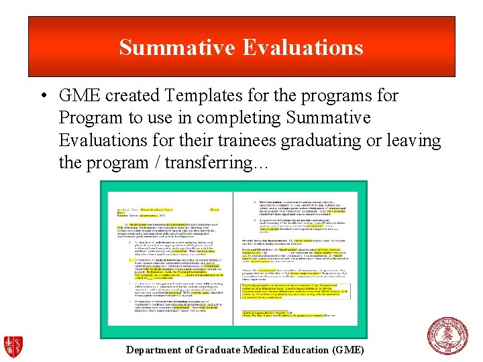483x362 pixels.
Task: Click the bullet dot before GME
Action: point(42,96)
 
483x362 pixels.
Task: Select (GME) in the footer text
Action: point(348,350)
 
